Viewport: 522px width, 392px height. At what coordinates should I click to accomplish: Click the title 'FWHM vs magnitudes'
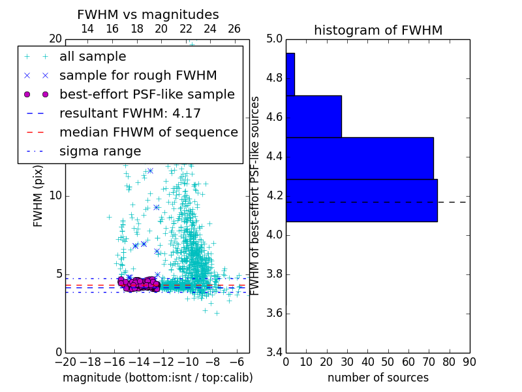pyautogui.click(x=148, y=14)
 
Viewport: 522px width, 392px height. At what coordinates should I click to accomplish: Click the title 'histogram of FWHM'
pyautogui.click(x=378, y=30)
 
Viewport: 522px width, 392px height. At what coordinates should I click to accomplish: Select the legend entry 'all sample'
pyautogui.click(x=93, y=57)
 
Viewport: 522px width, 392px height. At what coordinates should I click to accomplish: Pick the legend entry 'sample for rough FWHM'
pyautogui.click(x=138, y=75)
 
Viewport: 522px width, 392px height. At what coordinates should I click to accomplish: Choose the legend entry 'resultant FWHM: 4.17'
pyautogui.click(x=130, y=113)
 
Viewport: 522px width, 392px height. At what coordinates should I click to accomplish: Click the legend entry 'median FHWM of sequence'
pyautogui.click(x=148, y=132)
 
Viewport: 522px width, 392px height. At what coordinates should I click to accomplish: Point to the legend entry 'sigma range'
pyautogui.click(x=100, y=151)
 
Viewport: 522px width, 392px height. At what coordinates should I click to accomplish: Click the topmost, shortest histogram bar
pyautogui.click(x=290, y=74)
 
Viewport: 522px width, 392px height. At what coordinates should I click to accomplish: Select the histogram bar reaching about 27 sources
pyautogui.click(x=314, y=116)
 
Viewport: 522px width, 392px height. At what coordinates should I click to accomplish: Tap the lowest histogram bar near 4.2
pyautogui.click(x=361, y=200)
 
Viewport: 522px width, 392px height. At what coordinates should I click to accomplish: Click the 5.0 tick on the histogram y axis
pyautogui.click(x=274, y=39)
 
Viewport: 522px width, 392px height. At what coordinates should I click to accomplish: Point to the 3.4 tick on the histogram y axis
pyautogui.click(x=274, y=352)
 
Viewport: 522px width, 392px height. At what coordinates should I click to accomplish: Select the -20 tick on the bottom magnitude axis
pyautogui.click(x=65, y=361)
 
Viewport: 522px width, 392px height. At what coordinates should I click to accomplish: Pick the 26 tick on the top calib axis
pyautogui.click(x=234, y=29)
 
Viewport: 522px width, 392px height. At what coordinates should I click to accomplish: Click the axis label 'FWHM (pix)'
pyautogui.click(x=38, y=196)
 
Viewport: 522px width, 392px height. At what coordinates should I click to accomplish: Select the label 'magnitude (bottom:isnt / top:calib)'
pyautogui.click(x=157, y=378)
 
